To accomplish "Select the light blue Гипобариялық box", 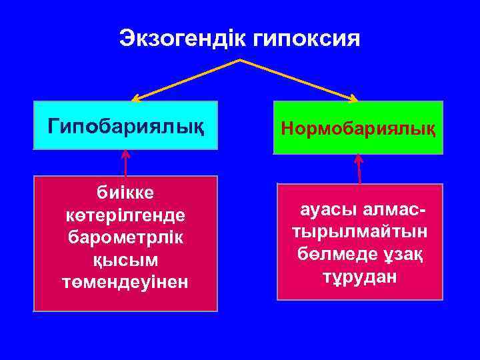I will click(126, 125).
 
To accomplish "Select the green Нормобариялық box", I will click(358, 127).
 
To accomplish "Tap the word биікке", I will click(125, 193).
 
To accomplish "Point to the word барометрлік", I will click(125, 237).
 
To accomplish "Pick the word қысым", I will click(125, 260).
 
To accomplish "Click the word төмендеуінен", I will click(125, 282).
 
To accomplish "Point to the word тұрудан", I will click(360, 276).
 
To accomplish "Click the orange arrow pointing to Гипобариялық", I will click(183, 81).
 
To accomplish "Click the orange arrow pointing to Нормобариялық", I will click(300, 81).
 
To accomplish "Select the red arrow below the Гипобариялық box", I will click(125, 163).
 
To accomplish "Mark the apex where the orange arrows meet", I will click(239, 60).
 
